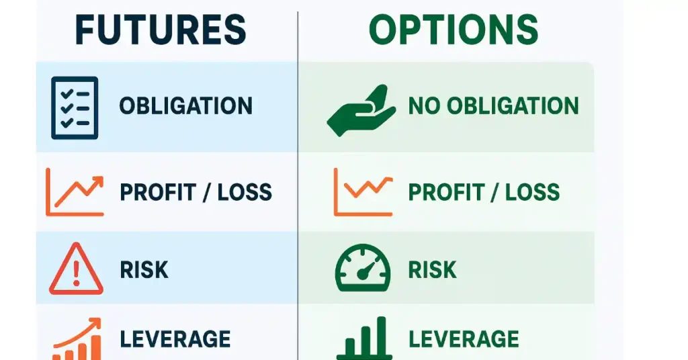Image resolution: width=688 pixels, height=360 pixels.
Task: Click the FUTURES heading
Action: pos(161,30)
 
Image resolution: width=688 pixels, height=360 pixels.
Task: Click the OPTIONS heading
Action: pos(454,30)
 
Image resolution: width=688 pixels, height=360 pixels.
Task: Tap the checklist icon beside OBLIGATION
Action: pos(75,108)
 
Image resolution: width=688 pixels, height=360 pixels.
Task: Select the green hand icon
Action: pos(361,110)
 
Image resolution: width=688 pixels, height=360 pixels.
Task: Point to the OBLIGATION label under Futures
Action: pos(186,105)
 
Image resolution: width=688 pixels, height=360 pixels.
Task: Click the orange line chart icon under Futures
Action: pos(75,192)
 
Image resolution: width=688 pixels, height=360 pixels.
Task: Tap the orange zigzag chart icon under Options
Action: pos(363,192)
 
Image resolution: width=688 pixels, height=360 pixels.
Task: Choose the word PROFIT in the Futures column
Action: pos(157,192)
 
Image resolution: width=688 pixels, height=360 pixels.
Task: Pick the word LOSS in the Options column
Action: pos(533,192)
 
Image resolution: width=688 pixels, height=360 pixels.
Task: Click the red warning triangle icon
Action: pos(77,269)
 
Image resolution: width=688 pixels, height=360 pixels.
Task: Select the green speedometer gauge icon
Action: pos(362,268)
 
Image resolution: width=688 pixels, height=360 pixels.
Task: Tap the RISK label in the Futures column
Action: pos(144,270)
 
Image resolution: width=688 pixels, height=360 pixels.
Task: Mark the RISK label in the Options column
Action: pos(433,270)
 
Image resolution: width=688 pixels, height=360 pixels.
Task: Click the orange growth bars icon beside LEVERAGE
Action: pos(77,339)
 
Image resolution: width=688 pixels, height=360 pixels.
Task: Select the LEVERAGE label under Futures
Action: pos(175,339)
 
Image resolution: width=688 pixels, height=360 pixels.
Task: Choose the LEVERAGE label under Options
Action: pos(464,339)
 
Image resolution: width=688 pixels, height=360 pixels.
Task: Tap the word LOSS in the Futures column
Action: pos(245,192)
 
